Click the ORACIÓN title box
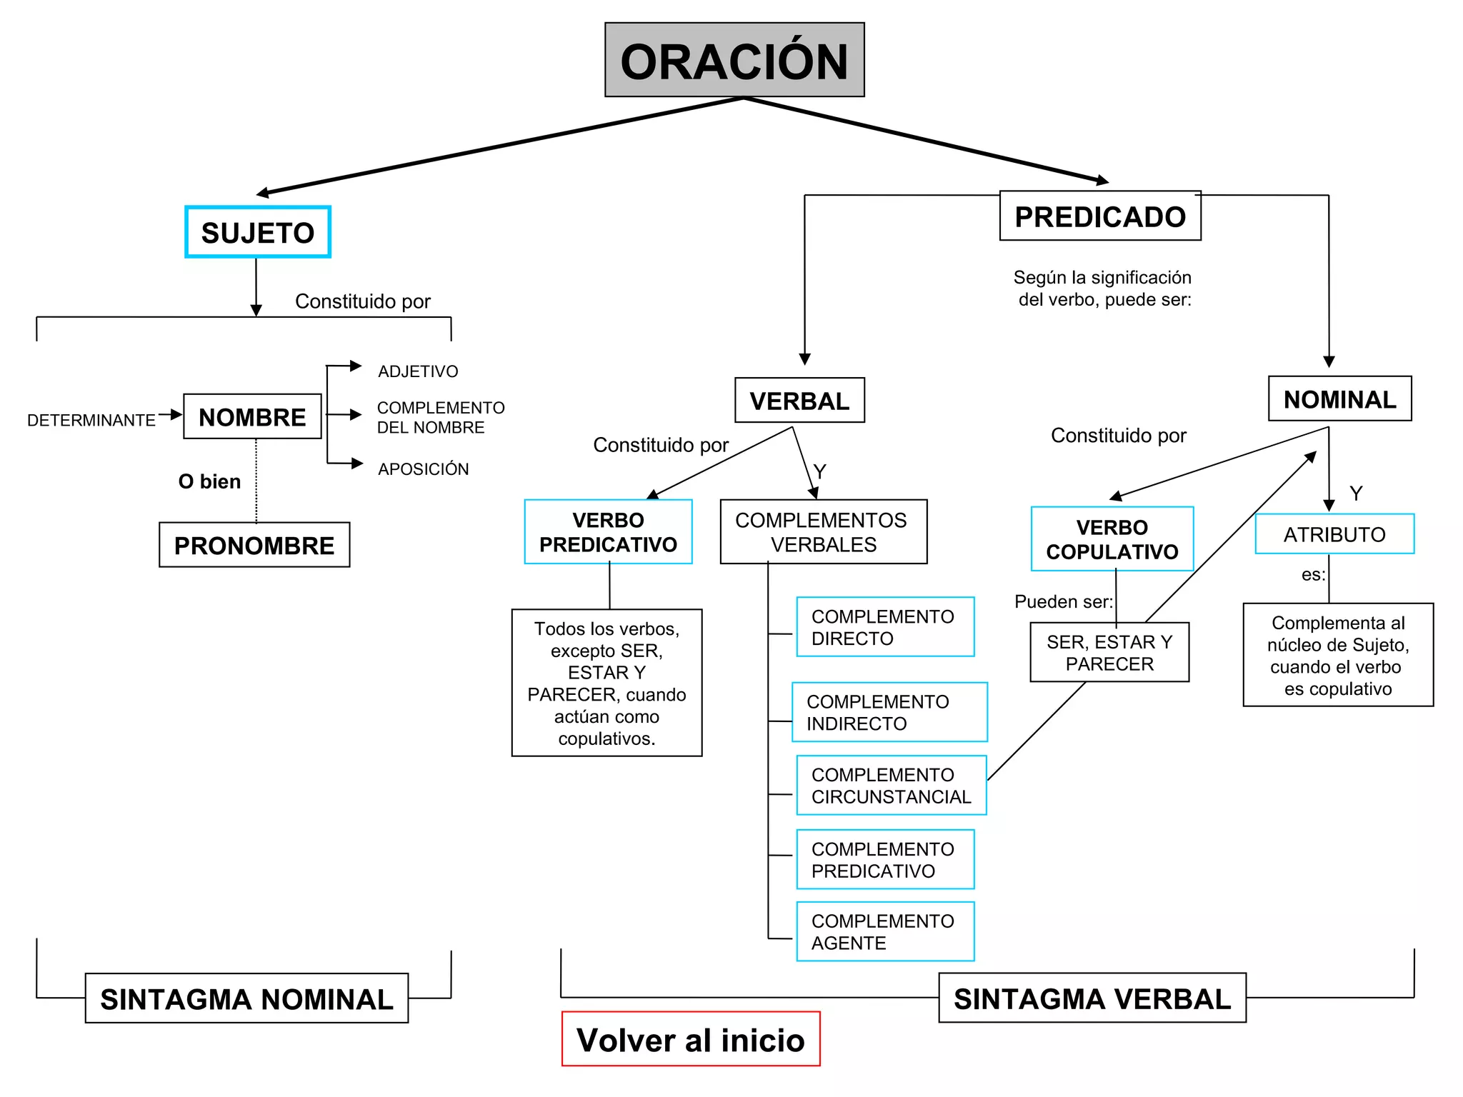coord(734,60)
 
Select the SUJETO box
coord(258,232)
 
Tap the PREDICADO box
coord(1100,216)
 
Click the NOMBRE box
coord(252,416)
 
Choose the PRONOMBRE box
coord(254,545)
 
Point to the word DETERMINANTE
coord(91,420)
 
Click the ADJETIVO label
coord(418,371)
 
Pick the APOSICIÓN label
coord(423,469)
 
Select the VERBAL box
coord(799,401)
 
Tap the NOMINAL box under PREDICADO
coord(1339,399)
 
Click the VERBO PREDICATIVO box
coord(608,532)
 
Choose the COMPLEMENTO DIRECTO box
coord(885,627)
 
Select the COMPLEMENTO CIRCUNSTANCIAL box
coord(891,786)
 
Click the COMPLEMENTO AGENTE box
coord(885,931)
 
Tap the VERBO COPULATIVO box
coord(1112,539)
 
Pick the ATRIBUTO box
coord(1334,534)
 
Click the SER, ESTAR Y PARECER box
coord(1109,653)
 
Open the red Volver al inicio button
coord(691,1039)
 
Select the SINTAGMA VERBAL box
coord(1092,998)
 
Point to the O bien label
coord(209,481)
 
